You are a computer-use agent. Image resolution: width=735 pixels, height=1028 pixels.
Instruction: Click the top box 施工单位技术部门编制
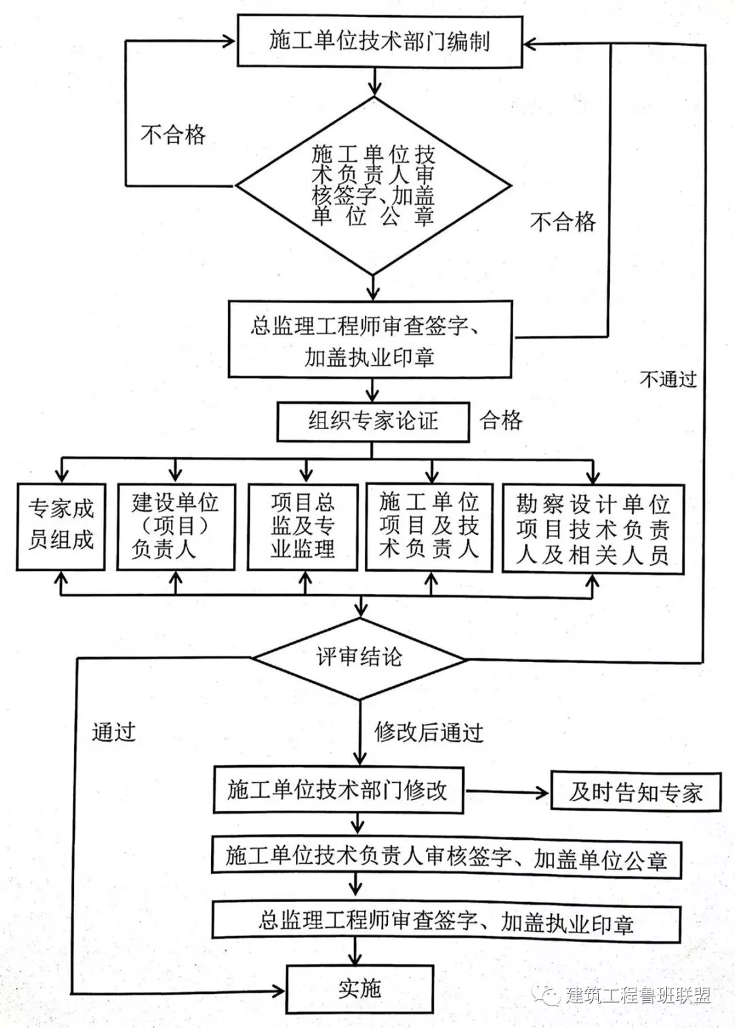click(379, 42)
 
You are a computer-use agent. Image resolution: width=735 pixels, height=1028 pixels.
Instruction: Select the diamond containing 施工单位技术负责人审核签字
click(373, 185)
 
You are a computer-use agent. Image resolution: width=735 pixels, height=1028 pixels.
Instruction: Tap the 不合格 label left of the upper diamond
click(173, 134)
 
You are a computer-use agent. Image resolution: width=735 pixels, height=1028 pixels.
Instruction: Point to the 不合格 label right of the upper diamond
click(562, 221)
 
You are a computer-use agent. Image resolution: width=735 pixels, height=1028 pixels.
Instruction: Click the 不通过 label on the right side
click(668, 379)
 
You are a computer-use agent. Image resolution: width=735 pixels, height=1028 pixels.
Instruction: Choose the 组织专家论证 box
click(372, 421)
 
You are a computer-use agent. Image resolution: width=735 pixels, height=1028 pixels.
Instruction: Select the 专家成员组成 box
click(61, 525)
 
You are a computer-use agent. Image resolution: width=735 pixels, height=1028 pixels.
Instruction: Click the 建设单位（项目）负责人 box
click(176, 526)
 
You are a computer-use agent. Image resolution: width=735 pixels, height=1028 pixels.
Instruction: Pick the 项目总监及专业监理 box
click(303, 526)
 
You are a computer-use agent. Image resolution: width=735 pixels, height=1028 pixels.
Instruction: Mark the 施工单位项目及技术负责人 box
click(429, 526)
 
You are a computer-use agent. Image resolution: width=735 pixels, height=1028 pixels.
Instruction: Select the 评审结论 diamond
click(359, 658)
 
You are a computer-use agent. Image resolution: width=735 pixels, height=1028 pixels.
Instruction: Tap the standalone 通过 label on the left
click(114, 732)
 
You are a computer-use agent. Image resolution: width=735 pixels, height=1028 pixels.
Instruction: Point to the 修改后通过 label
click(429, 732)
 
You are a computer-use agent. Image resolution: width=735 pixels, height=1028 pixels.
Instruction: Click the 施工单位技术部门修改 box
click(338, 790)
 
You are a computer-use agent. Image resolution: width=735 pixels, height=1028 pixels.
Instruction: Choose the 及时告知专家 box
click(635, 792)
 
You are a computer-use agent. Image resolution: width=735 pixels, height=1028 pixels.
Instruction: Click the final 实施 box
click(359, 988)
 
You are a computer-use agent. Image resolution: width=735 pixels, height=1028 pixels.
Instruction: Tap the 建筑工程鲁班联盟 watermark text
click(637, 995)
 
